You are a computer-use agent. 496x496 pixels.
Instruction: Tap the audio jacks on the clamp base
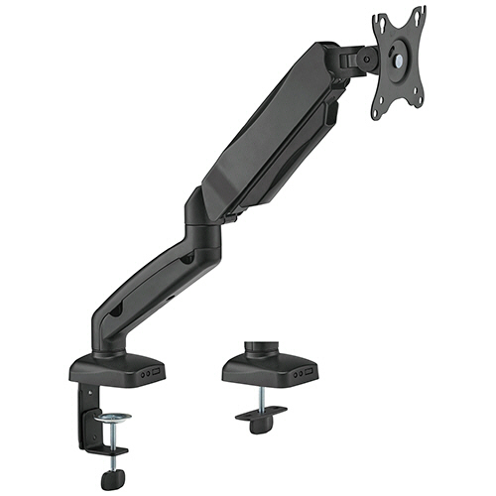tap(145, 375)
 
